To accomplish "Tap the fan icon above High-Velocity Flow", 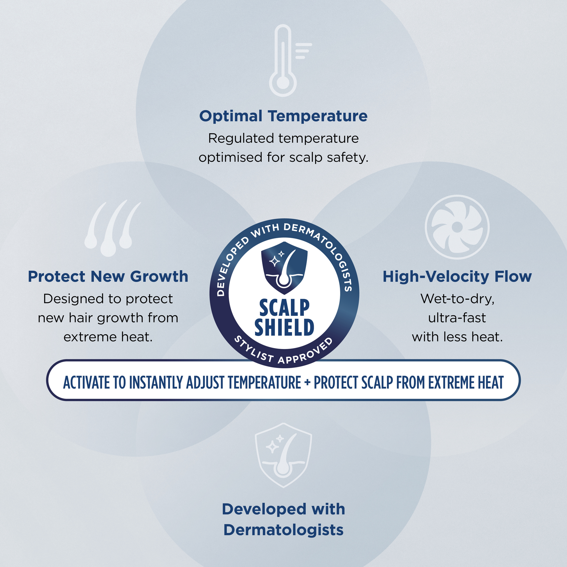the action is pos(457,227).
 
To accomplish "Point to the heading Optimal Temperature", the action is pos(283,116).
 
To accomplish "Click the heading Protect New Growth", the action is pos(108,276).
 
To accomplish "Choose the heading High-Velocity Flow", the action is pos(457,277).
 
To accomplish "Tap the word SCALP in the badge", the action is pos(284,308).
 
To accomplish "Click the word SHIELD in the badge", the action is pos(284,327).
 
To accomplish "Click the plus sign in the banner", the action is pos(307,383).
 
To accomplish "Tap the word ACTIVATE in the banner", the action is pos(87,382).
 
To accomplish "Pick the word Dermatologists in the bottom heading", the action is pos(283,530).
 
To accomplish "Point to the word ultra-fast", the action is pos(457,318).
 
